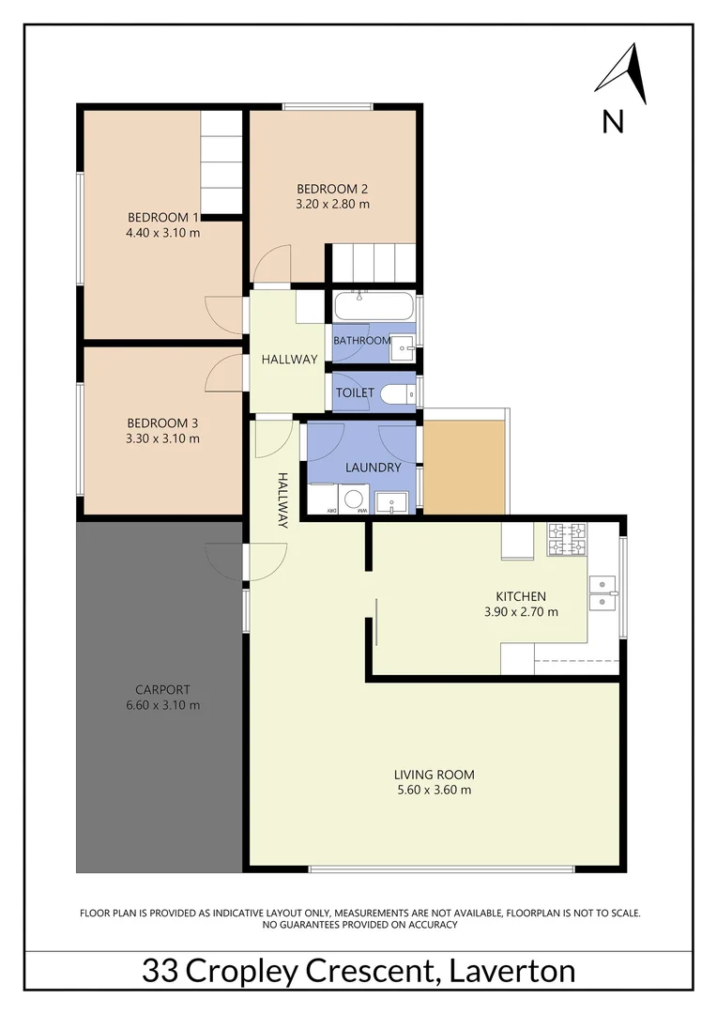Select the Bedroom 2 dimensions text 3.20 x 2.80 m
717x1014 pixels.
(x=332, y=203)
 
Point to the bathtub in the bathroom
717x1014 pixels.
(x=373, y=307)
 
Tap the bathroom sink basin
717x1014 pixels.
(x=403, y=346)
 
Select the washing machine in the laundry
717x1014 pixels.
(x=356, y=499)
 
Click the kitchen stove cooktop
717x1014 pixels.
(x=567, y=539)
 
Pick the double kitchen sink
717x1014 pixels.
(x=602, y=587)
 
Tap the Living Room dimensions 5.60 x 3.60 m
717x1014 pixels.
(x=434, y=791)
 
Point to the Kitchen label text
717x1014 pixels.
(x=521, y=596)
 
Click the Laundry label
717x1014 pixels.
(x=373, y=467)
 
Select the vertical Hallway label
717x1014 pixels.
(x=282, y=499)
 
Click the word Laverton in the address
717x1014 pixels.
(x=512, y=971)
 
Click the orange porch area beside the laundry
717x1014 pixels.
(x=465, y=467)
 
